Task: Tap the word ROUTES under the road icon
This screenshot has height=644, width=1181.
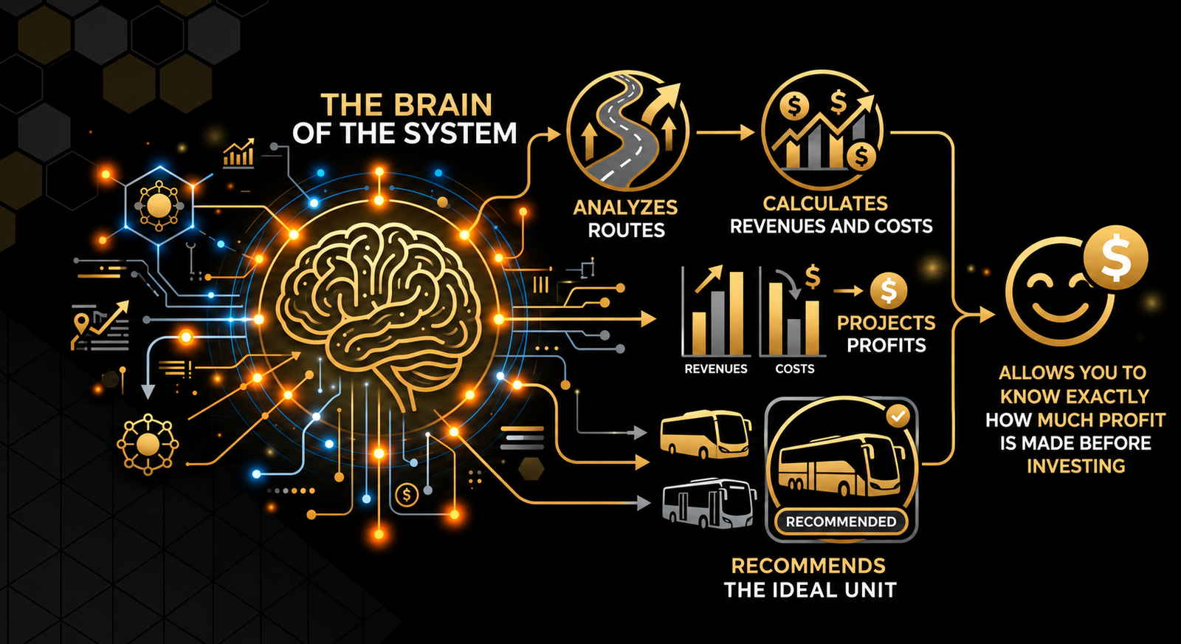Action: tap(626, 230)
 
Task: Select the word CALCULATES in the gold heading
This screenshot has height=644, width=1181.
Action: tap(825, 204)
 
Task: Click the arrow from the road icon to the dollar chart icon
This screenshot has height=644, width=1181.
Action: tap(726, 132)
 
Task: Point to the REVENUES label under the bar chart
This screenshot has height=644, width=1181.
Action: tap(715, 369)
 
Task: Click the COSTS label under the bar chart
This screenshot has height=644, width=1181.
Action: tap(794, 369)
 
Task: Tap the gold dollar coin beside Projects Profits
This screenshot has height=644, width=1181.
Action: tap(889, 291)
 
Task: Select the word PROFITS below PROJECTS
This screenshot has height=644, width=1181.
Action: tap(886, 346)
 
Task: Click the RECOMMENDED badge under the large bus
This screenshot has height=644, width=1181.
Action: tap(841, 521)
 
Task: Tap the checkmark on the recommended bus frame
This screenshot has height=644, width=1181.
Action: tap(898, 417)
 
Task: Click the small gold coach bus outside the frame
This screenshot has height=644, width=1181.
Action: tap(706, 435)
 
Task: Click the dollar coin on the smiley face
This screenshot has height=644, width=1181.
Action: tap(1115, 258)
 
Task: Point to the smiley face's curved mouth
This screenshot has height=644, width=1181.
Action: tap(1061, 313)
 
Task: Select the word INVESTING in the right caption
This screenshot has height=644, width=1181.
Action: tap(1076, 466)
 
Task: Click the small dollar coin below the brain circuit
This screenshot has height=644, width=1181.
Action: tap(407, 495)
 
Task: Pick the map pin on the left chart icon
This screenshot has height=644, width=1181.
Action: tap(80, 322)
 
